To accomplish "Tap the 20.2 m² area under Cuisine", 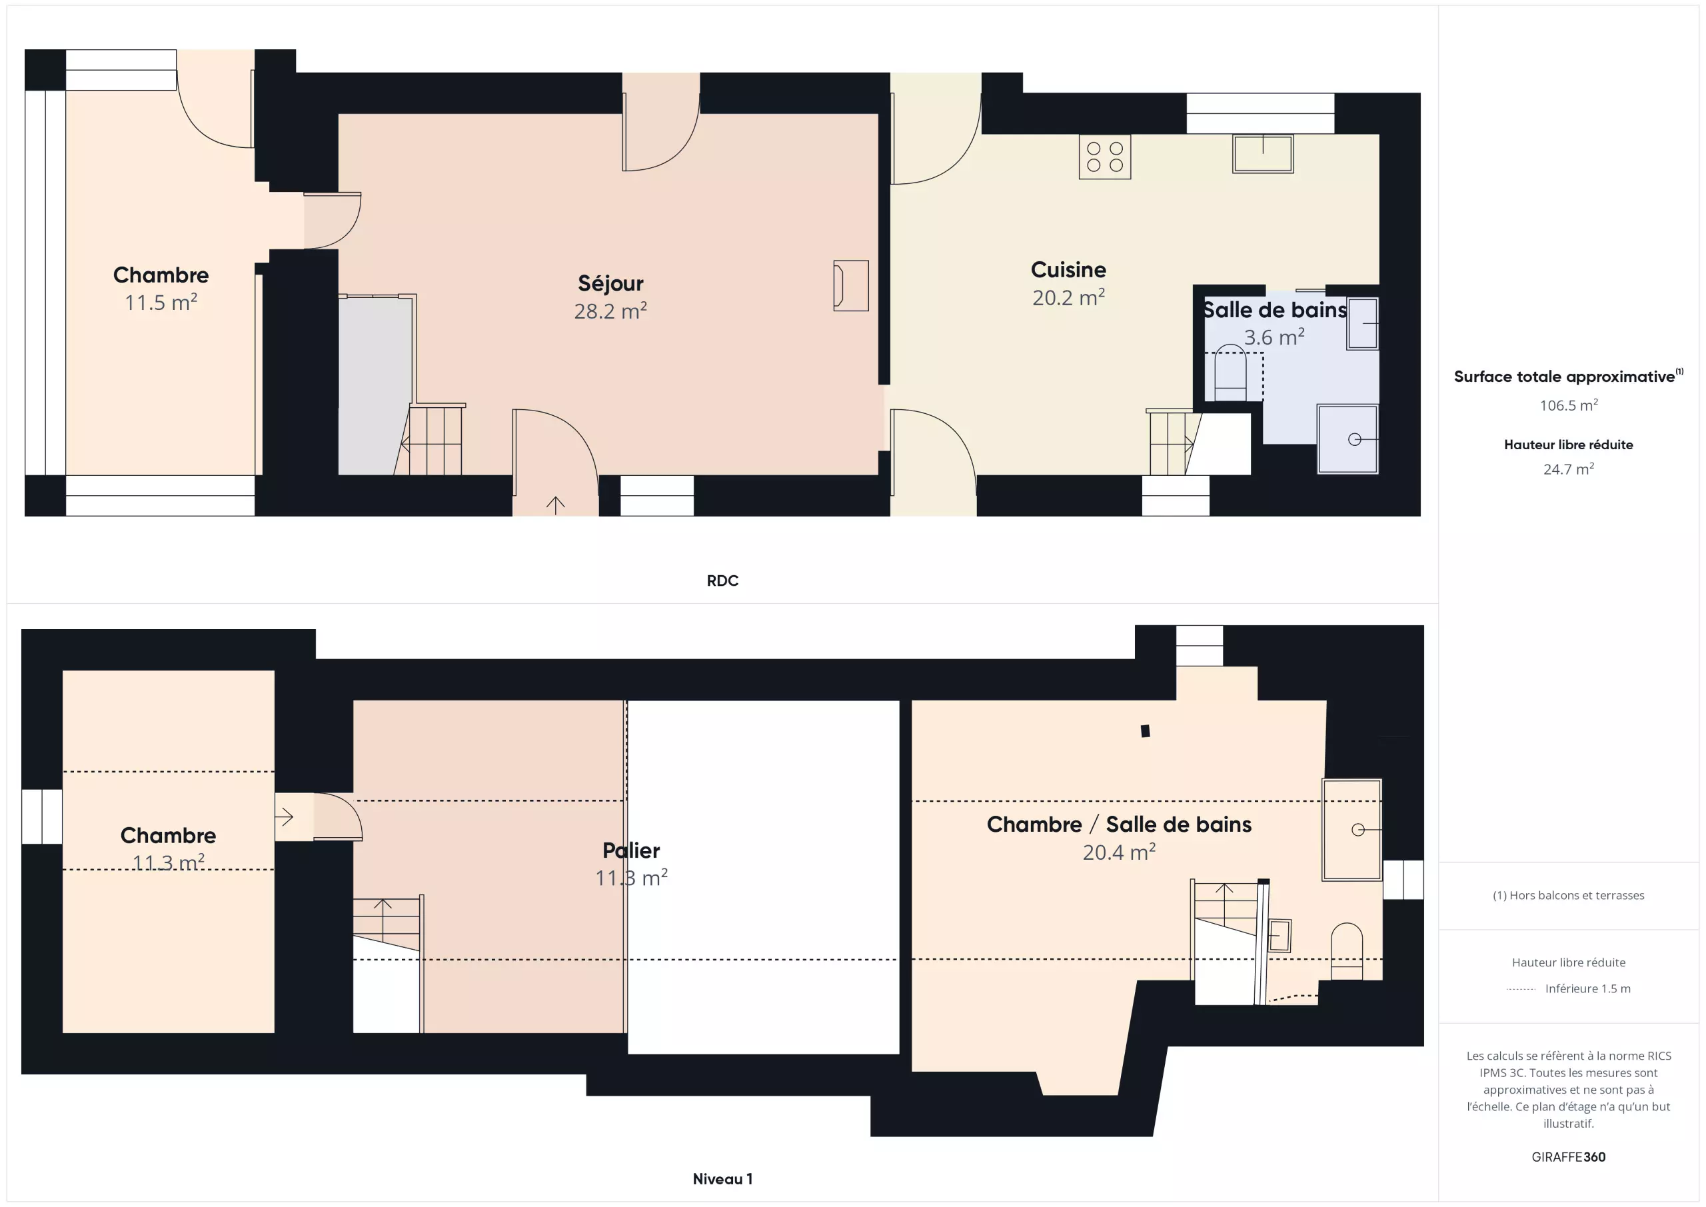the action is pyautogui.click(x=1068, y=297).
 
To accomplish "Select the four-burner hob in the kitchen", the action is pyautogui.click(x=1105, y=157).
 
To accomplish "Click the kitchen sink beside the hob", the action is pyautogui.click(x=1262, y=154).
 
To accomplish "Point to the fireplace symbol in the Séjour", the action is pyautogui.click(x=851, y=285).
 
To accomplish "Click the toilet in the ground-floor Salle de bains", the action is pyautogui.click(x=1230, y=374).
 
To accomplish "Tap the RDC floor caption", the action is pyautogui.click(x=722, y=581).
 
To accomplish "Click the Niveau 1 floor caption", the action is pyautogui.click(x=722, y=1179).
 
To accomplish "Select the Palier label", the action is pyautogui.click(x=631, y=850).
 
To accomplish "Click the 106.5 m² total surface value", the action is pyautogui.click(x=1569, y=405).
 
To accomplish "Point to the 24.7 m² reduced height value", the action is pyautogui.click(x=1569, y=469).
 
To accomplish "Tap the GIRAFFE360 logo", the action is pyautogui.click(x=1569, y=1157).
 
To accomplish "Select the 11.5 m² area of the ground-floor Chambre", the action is pyautogui.click(x=161, y=303).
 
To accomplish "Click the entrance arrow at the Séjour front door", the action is pyautogui.click(x=556, y=505).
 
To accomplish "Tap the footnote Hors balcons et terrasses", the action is pyautogui.click(x=1569, y=896).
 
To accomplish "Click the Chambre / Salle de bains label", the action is pyautogui.click(x=1119, y=824).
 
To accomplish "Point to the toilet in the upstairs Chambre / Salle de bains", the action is pyautogui.click(x=1346, y=950).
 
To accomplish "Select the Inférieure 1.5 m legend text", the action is pyautogui.click(x=1588, y=988).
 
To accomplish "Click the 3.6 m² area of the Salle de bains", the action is pyautogui.click(x=1274, y=337).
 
